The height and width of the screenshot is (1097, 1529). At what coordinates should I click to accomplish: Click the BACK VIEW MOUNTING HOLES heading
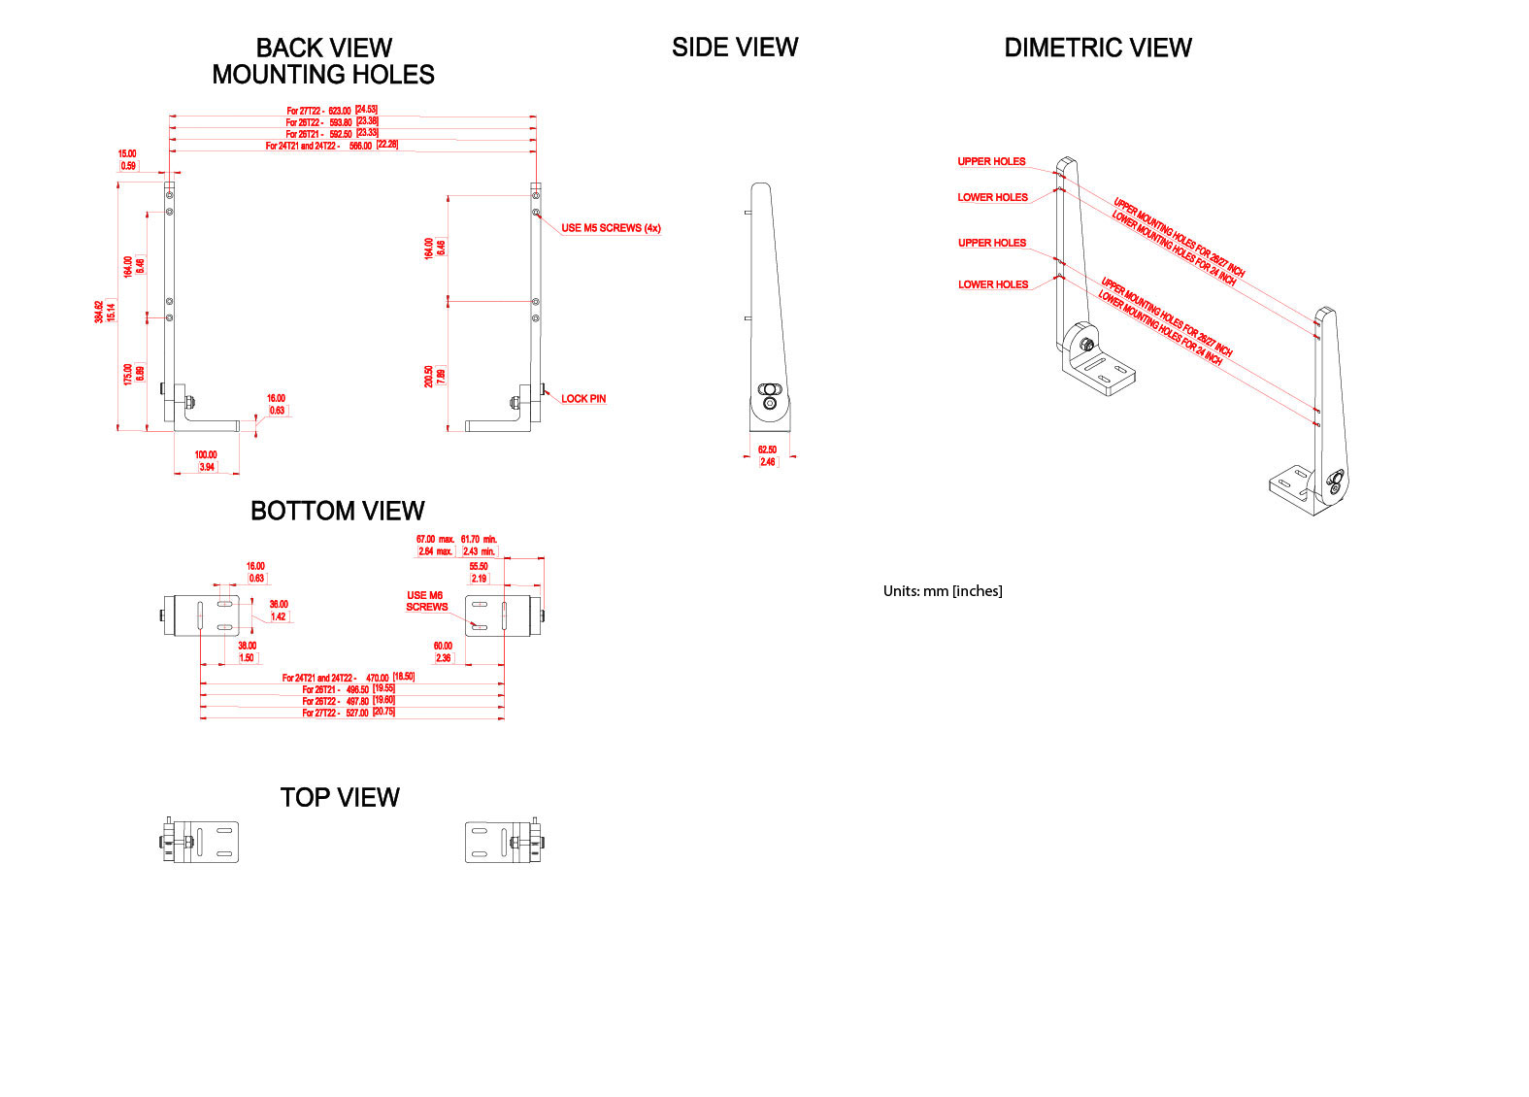pyautogui.click(x=323, y=61)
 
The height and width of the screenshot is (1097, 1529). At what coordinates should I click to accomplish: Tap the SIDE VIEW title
pyautogui.click(x=735, y=48)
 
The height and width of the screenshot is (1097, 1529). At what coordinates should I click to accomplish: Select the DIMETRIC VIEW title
pyautogui.click(x=1097, y=48)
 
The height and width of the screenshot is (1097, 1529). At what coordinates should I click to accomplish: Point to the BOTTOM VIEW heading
pyautogui.click(x=337, y=511)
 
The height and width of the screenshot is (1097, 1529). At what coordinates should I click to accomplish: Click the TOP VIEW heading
pyautogui.click(x=340, y=797)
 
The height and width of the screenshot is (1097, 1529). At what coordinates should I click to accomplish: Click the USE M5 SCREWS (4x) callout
pyautogui.click(x=611, y=228)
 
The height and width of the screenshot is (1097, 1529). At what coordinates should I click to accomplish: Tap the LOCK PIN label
pyautogui.click(x=583, y=398)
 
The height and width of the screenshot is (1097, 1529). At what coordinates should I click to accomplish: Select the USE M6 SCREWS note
pyautogui.click(x=426, y=601)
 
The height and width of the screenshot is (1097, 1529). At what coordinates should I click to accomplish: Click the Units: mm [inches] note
pyautogui.click(x=943, y=590)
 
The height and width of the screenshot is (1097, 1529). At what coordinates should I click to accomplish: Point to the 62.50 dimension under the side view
pyautogui.click(x=767, y=449)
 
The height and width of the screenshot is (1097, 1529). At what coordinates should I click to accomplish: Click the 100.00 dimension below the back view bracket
pyautogui.click(x=206, y=454)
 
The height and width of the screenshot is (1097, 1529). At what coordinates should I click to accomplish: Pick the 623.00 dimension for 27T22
pyautogui.click(x=340, y=111)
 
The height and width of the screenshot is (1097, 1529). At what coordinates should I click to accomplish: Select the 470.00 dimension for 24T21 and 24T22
pyautogui.click(x=378, y=678)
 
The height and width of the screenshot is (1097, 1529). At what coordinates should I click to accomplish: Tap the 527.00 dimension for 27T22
pyautogui.click(x=357, y=713)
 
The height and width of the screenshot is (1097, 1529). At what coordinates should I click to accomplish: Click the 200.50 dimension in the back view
pyautogui.click(x=428, y=376)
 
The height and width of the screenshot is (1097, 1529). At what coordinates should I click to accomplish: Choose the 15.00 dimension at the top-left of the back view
pyautogui.click(x=127, y=153)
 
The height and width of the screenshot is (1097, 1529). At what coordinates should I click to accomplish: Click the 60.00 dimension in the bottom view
pyautogui.click(x=443, y=646)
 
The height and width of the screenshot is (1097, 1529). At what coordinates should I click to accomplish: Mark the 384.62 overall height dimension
pyautogui.click(x=99, y=311)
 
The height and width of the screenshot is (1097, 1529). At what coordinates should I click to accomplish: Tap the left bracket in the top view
pyautogui.click(x=201, y=842)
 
